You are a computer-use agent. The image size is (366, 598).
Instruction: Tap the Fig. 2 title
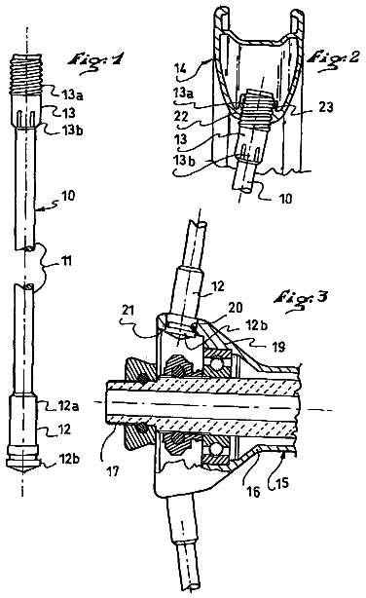(x=333, y=58)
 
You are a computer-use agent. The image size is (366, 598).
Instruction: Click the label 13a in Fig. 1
(x=73, y=94)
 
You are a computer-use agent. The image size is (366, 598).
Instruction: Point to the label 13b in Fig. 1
(x=73, y=131)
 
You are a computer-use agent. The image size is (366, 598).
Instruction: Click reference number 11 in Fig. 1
(x=67, y=261)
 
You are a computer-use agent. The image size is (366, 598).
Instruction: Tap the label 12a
(x=68, y=406)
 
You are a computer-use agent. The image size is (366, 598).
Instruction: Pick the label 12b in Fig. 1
(x=69, y=458)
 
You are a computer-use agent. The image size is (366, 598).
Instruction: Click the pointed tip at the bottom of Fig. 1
(x=22, y=472)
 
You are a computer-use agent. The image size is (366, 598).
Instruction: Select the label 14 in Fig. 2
(x=180, y=69)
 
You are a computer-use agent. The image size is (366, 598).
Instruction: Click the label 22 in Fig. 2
(x=181, y=116)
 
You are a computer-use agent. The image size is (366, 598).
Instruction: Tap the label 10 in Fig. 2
(x=285, y=199)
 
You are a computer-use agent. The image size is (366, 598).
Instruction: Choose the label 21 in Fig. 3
(x=128, y=310)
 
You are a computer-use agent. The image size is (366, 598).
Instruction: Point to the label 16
(x=253, y=492)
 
